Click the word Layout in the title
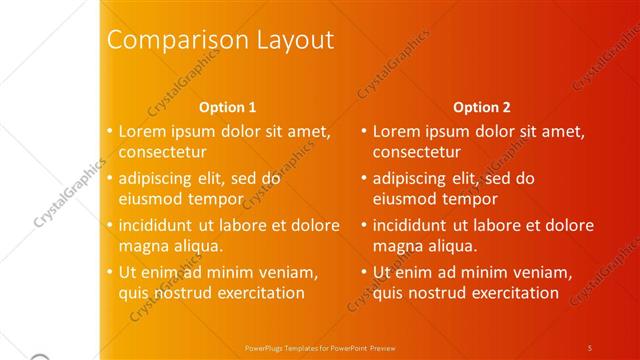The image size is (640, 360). click(289, 41)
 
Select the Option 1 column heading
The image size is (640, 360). click(228, 107)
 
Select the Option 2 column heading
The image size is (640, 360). click(482, 107)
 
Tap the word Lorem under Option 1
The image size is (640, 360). click(142, 131)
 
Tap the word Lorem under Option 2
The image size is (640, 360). click(396, 131)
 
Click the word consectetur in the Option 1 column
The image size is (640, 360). click(163, 152)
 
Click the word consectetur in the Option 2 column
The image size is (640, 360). click(417, 152)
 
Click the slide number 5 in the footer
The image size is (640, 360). click(590, 347)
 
